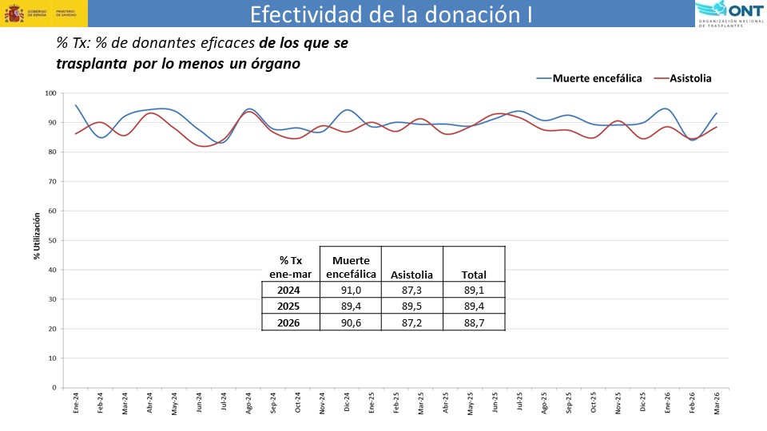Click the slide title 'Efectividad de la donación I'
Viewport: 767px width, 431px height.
point(391,14)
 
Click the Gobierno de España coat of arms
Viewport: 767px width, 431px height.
point(14,14)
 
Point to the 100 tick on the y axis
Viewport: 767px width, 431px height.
point(50,93)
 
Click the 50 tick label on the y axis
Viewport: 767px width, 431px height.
point(52,240)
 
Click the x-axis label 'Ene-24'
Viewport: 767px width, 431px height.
point(77,403)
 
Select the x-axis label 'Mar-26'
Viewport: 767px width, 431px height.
point(717,403)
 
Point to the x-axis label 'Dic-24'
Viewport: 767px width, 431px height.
point(348,403)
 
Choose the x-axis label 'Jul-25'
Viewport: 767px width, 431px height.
point(520,403)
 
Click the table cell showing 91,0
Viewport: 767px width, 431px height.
point(350,291)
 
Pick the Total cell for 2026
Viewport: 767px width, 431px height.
point(474,322)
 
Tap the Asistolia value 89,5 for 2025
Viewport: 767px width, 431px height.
point(412,306)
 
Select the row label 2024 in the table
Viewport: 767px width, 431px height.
point(289,291)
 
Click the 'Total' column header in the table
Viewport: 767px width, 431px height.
point(474,275)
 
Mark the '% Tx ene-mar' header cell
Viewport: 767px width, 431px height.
point(290,267)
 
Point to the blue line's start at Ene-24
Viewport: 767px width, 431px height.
point(76,105)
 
